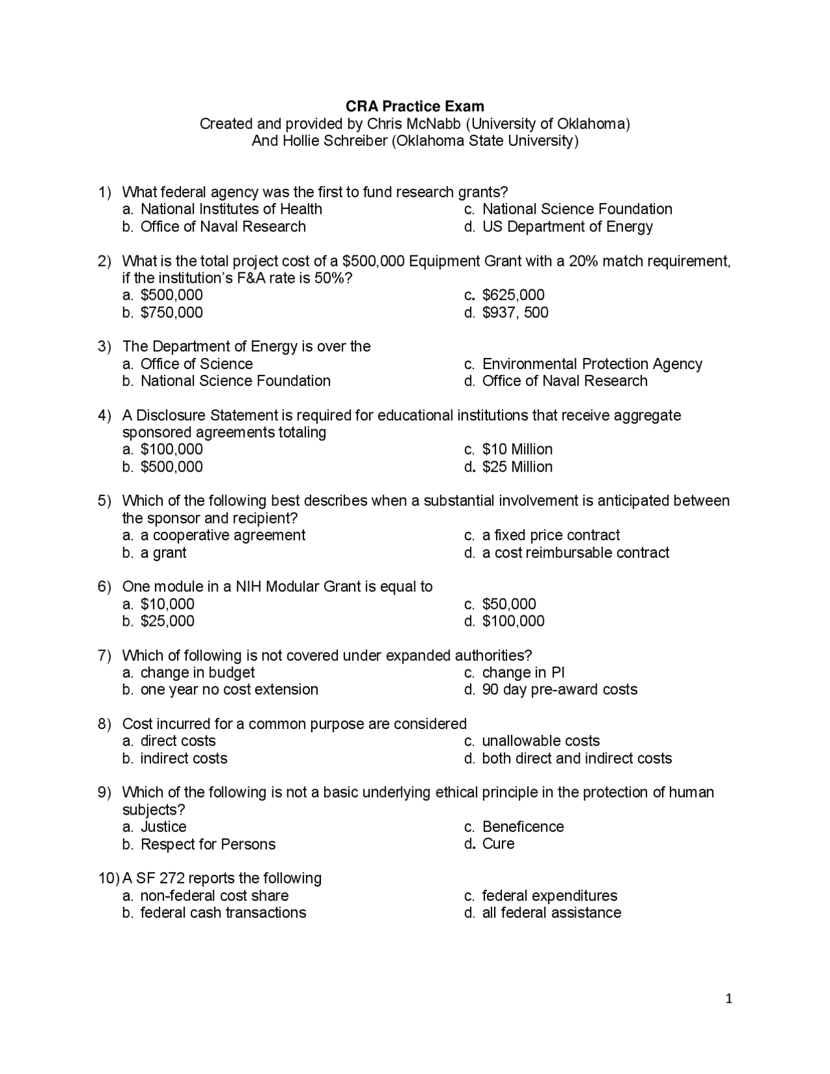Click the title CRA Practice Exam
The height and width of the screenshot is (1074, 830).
[414, 106]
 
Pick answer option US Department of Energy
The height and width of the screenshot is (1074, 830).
[567, 226]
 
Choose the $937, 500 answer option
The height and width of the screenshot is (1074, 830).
[515, 313]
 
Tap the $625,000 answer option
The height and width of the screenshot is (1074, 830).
[513, 295]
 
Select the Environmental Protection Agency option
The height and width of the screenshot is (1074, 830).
[591, 364]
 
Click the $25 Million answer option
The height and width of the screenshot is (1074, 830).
[517, 467]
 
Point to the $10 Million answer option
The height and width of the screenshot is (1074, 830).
[517, 449]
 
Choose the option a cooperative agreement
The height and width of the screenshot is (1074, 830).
[222, 535]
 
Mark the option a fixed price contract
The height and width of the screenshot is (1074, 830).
[551, 535]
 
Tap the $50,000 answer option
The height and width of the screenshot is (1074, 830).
[509, 604]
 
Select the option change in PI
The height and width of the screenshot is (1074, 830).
[523, 673]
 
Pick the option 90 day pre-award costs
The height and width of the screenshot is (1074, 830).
[559, 689]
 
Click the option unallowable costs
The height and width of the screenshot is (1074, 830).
[541, 741]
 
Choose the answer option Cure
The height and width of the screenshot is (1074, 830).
[498, 844]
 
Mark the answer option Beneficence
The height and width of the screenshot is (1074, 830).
[523, 827]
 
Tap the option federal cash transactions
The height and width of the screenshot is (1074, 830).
[222, 913]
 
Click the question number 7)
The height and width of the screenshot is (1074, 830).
[105, 656]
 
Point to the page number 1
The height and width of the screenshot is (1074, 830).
[729, 999]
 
